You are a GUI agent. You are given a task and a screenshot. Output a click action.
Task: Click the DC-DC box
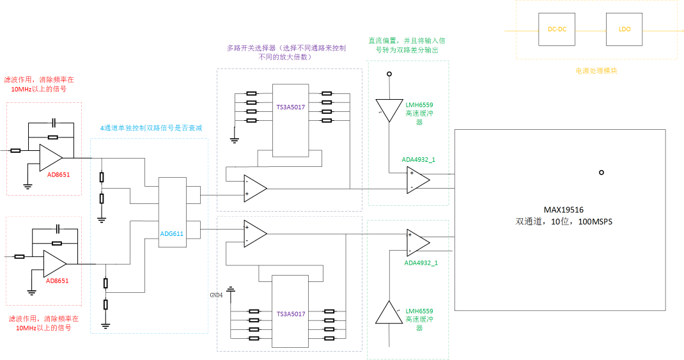pyautogui.click(x=557, y=29)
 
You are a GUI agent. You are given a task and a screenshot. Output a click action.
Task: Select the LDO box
pyautogui.click(x=625, y=29)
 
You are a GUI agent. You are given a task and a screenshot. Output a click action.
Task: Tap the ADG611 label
pyautogui.click(x=172, y=234)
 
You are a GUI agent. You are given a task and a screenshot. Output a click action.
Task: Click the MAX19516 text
pyautogui.click(x=564, y=210)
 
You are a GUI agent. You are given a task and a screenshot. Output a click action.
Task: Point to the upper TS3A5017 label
pyautogui.click(x=290, y=107)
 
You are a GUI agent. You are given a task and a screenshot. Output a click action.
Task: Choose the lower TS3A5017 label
pyautogui.click(x=291, y=314)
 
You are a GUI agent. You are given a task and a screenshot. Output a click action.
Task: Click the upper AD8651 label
pyautogui.click(x=58, y=175)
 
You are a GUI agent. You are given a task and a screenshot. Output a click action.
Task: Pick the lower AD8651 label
pyautogui.click(x=58, y=281)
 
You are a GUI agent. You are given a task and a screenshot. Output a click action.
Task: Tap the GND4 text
pyautogui.click(x=216, y=295)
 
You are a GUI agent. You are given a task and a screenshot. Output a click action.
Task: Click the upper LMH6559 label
pyautogui.click(x=419, y=105)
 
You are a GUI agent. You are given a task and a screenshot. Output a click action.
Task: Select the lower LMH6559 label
pyautogui.click(x=419, y=311)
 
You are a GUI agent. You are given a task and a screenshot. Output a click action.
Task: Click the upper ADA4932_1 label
pyautogui.click(x=418, y=160)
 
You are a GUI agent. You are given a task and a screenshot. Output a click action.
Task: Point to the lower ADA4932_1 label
pyautogui.click(x=421, y=263)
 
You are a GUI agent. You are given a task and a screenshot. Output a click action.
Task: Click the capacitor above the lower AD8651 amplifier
pyautogui.click(x=58, y=228)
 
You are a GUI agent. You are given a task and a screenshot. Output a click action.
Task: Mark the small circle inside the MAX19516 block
pyautogui.click(x=601, y=173)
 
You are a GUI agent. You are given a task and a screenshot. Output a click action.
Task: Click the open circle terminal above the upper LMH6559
pyautogui.click(x=389, y=74)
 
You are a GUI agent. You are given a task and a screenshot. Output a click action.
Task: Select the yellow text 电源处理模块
pyautogui.click(x=596, y=71)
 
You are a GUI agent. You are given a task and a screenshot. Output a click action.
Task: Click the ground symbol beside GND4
pyautogui.click(x=231, y=290)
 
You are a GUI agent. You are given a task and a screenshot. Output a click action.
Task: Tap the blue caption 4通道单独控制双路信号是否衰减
pyautogui.click(x=152, y=128)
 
